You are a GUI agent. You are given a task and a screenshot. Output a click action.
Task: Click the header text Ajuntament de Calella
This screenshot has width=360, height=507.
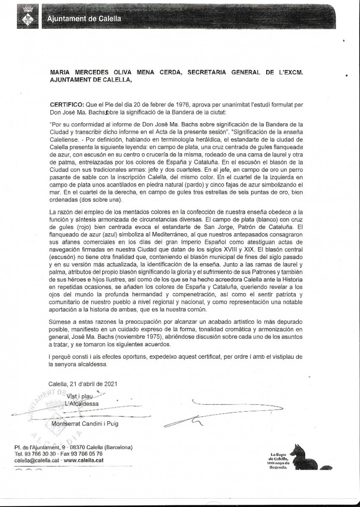click(84, 19)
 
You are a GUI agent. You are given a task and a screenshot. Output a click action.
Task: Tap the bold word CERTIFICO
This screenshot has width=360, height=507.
click(67, 104)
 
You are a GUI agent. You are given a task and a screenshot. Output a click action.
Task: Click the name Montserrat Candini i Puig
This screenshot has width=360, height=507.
click(82, 423)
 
